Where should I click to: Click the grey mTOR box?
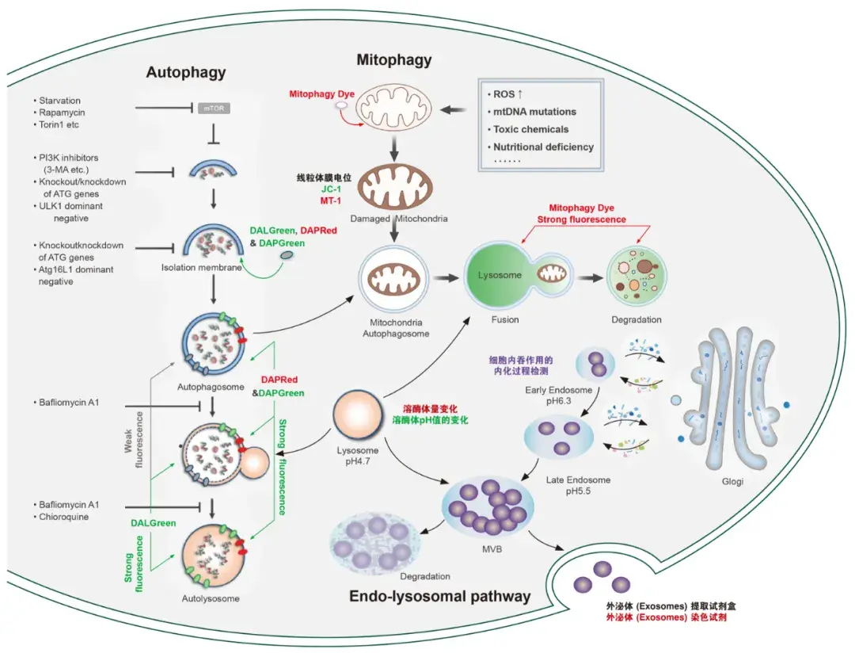click(x=214, y=108)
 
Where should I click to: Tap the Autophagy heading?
click(x=186, y=73)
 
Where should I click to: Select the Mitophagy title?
click(x=394, y=60)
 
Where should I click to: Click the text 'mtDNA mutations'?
click(x=534, y=112)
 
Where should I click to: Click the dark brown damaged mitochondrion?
click(x=396, y=186)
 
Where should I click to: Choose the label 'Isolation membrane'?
click(x=201, y=268)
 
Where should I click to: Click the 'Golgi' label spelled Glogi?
click(x=732, y=481)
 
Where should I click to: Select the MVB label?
click(x=492, y=548)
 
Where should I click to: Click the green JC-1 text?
click(x=331, y=189)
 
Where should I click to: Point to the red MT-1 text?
click(x=330, y=201)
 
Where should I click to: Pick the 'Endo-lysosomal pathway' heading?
click(x=439, y=596)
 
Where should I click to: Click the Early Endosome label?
click(x=558, y=390)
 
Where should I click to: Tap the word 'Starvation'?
click(x=59, y=101)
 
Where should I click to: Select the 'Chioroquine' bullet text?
click(x=63, y=517)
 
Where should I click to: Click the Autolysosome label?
click(x=211, y=598)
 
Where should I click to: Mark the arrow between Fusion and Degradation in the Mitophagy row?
click(x=591, y=277)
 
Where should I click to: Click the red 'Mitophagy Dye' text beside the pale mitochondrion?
click(x=321, y=94)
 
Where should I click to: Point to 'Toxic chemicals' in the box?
click(x=530, y=129)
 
